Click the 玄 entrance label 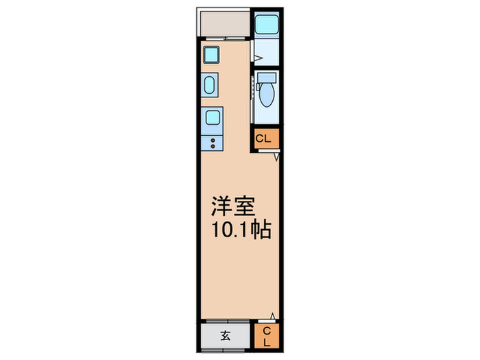coord(225,336)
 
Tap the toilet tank coord(267,77)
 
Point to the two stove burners coord(213,143)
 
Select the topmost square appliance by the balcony coord(211,53)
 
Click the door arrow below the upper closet coord(276,157)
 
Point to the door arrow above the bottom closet coord(272,316)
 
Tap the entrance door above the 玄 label coord(226,322)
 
